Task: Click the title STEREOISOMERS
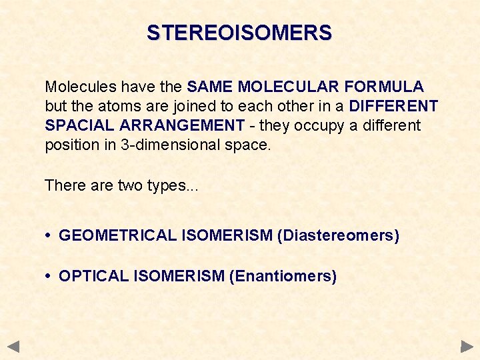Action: coord(239,33)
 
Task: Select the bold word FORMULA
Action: coord(384,87)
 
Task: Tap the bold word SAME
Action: coord(210,87)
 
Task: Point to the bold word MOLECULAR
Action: coord(289,87)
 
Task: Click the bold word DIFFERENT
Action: coord(393,106)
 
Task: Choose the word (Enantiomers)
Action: coord(283,276)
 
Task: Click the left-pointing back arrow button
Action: coord(13,346)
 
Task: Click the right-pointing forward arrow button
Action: coord(467,346)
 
